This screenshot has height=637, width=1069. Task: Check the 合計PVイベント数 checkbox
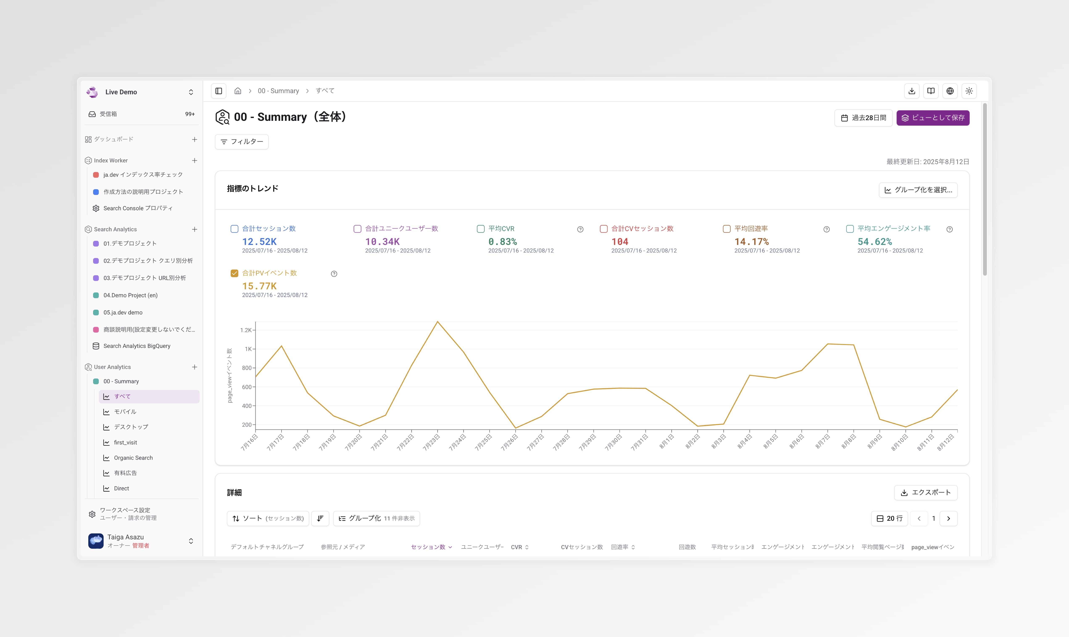click(x=234, y=273)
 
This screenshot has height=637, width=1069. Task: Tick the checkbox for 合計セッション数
click(x=234, y=229)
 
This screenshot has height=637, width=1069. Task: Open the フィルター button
click(x=242, y=142)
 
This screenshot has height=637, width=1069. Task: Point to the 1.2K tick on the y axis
click(x=246, y=330)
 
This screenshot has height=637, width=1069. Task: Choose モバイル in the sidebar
click(x=125, y=412)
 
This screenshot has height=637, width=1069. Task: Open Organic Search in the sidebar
click(x=133, y=458)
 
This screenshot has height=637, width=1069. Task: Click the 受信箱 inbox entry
click(x=108, y=114)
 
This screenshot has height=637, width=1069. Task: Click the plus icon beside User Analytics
click(x=194, y=367)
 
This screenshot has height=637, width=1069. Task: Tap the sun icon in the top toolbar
click(x=969, y=91)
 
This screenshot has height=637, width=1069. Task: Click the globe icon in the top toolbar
click(x=950, y=91)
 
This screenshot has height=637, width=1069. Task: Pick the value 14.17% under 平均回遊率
click(x=752, y=242)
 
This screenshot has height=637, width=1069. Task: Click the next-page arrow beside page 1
click(x=948, y=519)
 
